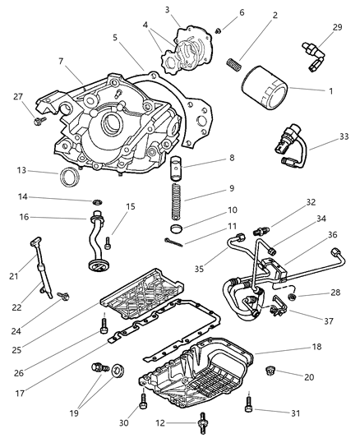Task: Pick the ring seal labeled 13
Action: [72, 175]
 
